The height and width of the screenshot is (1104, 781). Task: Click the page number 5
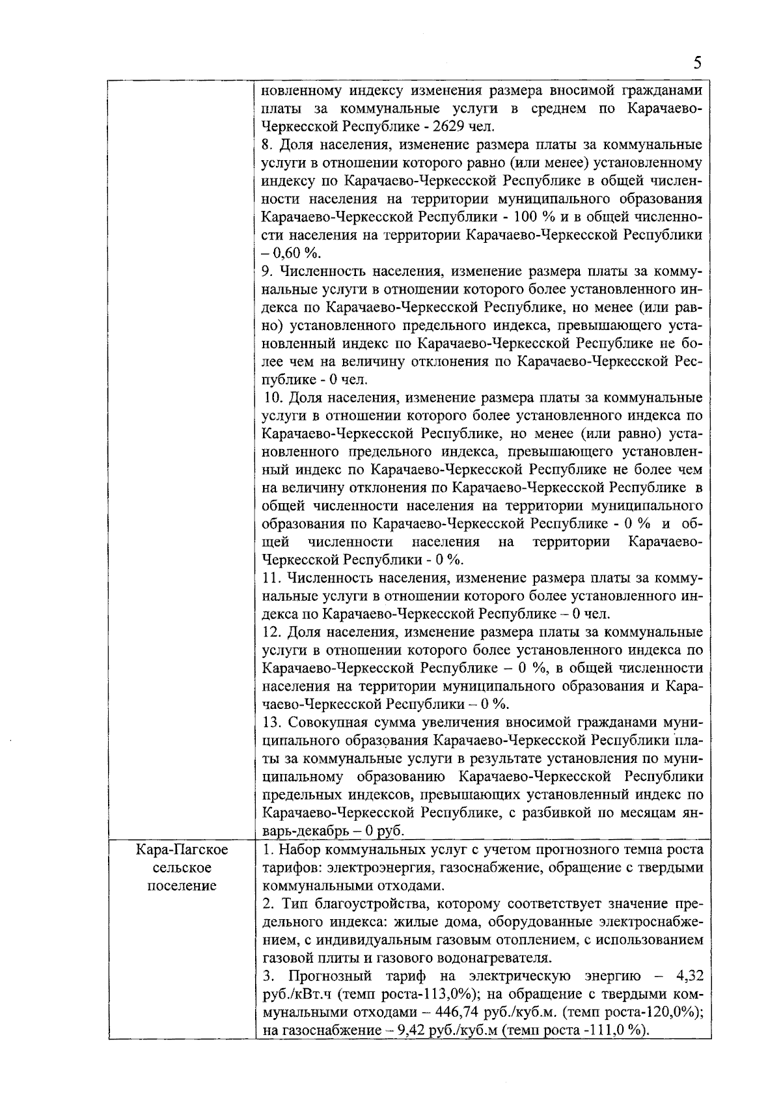point(697,62)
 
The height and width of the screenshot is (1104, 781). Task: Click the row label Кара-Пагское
point(182,850)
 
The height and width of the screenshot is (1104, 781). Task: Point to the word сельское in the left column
point(182,868)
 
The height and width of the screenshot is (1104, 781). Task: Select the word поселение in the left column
point(182,887)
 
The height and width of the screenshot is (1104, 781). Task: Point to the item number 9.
point(267,271)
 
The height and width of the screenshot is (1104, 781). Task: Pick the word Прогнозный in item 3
point(330,976)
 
